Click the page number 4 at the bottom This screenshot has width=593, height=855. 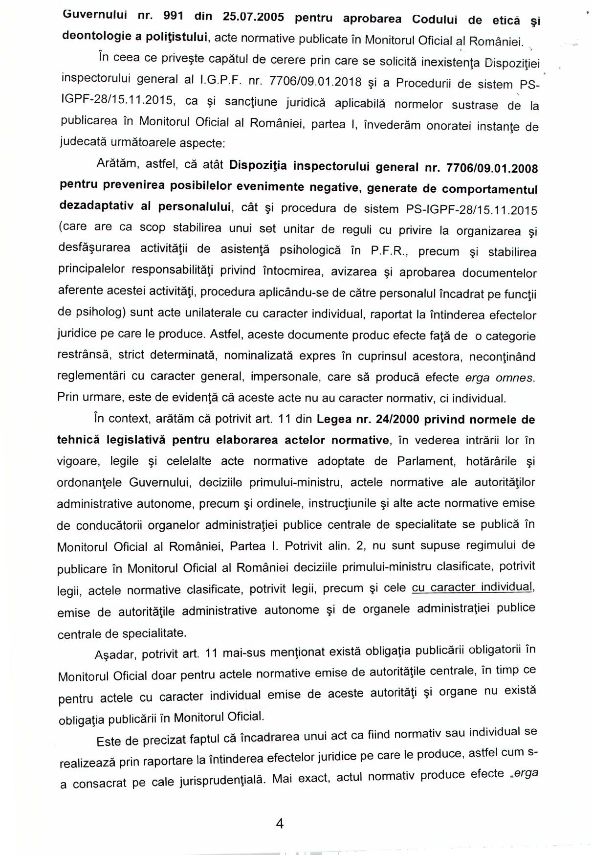point(280,823)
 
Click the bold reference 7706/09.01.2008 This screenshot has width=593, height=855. point(492,168)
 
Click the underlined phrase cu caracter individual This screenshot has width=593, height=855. point(472,587)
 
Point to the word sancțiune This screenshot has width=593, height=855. point(250,102)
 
